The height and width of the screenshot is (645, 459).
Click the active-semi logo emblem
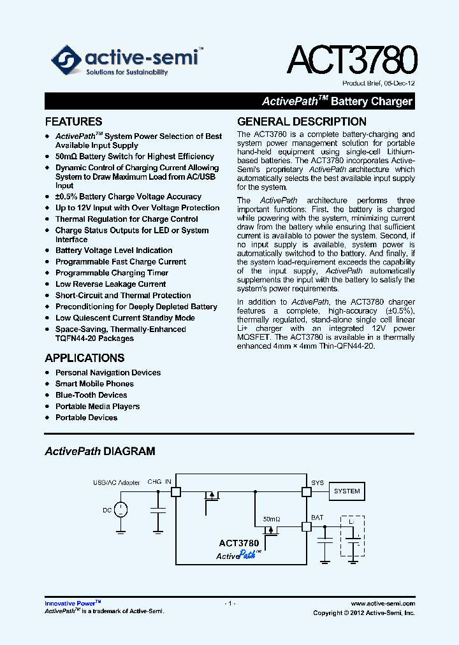point(66,61)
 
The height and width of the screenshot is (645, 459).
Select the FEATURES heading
point(73,122)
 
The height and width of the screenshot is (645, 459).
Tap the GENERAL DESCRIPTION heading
point(302,122)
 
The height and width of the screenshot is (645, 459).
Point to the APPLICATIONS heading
point(85,358)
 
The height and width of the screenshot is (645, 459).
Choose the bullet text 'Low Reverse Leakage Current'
point(110,284)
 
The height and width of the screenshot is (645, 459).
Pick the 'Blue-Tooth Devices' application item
point(91,395)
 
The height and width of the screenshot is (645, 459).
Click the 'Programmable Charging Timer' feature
point(112,273)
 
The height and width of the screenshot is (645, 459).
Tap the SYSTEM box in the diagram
point(347,491)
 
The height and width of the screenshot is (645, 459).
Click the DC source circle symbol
point(120,509)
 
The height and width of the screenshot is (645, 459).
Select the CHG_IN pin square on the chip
point(176,491)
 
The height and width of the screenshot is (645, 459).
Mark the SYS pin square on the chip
point(306,491)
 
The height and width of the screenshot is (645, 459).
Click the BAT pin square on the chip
point(306,526)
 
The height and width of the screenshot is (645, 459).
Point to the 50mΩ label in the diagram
point(272,519)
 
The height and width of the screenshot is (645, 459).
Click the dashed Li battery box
point(353,539)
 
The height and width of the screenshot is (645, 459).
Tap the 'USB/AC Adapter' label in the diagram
point(116,482)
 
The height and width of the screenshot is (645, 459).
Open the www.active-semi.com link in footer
point(382,603)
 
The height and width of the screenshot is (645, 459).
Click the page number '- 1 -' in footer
point(230,603)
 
